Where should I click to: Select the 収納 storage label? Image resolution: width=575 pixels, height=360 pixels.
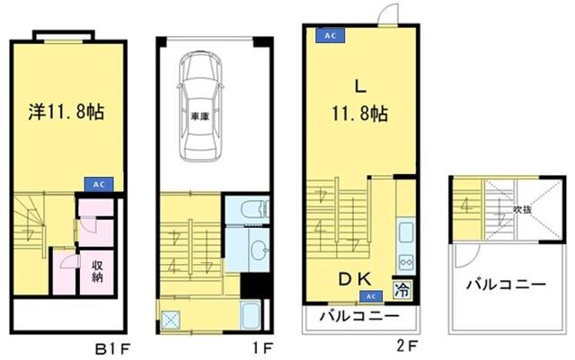[98, 270]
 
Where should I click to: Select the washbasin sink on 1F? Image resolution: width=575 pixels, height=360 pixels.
[259, 248]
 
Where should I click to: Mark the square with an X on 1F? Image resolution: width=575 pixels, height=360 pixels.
[173, 317]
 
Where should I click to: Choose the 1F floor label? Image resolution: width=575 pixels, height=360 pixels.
[253, 344]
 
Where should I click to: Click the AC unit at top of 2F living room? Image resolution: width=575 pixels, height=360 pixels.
[329, 35]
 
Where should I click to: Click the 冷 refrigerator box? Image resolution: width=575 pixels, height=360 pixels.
[402, 292]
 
